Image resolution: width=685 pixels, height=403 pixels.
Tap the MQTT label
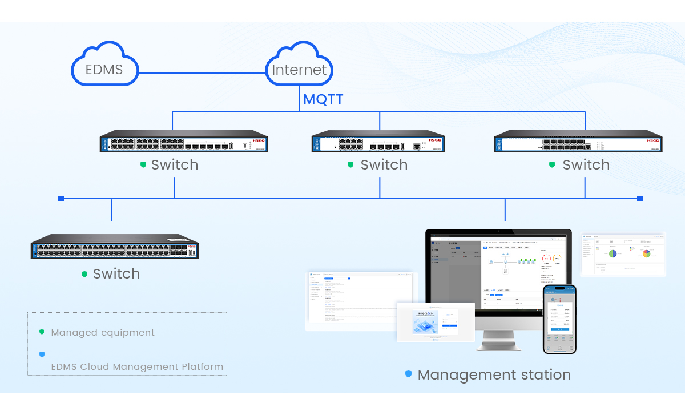click(x=323, y=99)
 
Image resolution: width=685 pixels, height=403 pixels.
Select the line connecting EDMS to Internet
click(x=203, y=73)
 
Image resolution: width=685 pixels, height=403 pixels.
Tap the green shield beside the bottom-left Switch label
click(x=84, y=274)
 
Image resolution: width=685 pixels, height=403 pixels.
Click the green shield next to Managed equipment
click(x=42, y=332)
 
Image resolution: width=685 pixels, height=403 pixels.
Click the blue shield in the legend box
click(x=42, y=354)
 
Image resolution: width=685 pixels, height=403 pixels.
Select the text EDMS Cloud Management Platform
click(x=137, y=366)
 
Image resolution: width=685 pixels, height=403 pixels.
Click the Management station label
click(x=494, y=375)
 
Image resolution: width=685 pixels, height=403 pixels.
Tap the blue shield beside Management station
click(x=408, y=374)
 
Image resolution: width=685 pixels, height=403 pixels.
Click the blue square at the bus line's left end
click(x=61, y=199)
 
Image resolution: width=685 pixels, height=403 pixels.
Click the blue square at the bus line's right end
click(x=639, y=199)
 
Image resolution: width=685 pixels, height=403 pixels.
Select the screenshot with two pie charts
click(x=623, y=253)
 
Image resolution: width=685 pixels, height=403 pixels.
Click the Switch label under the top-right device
click(x=586, y=165)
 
